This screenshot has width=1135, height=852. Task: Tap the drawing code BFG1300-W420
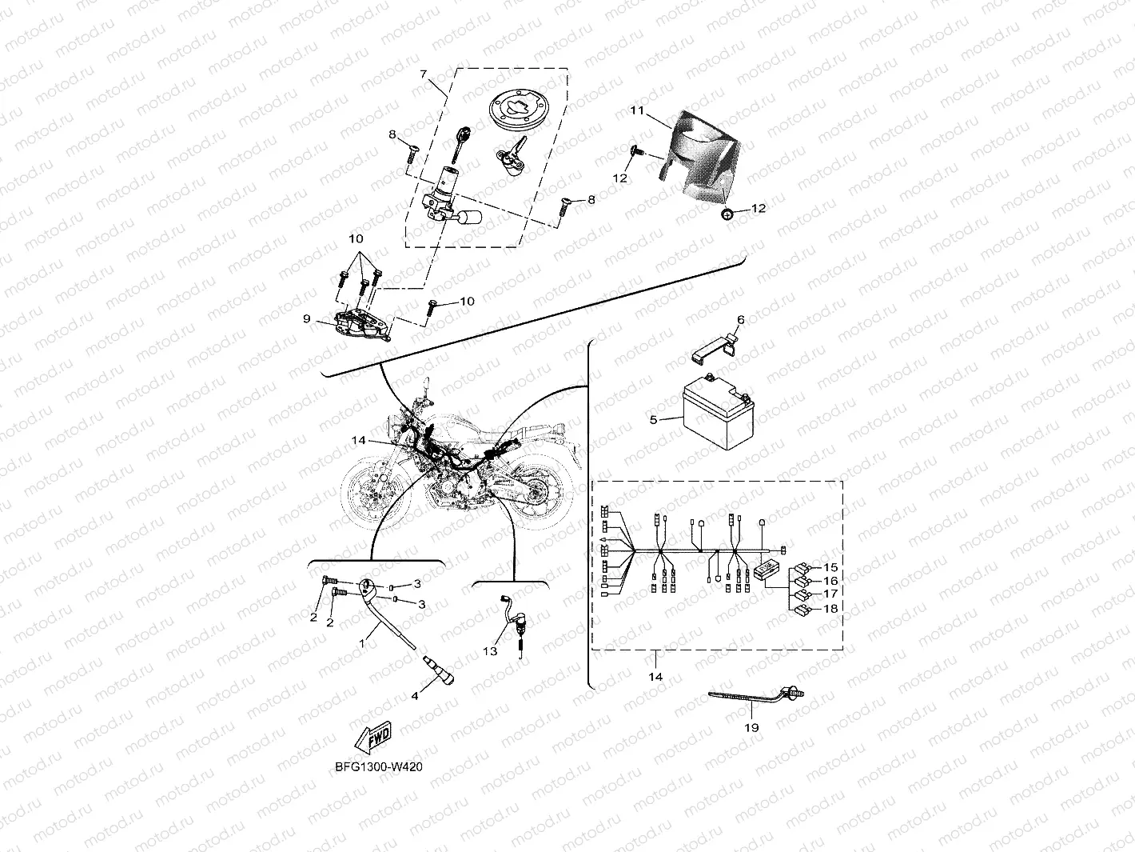[379, 766]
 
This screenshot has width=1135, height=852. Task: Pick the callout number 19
[751, 727]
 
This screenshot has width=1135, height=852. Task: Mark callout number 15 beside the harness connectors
[830, 567]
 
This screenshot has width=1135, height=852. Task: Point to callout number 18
[830, 609]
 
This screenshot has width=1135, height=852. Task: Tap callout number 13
[490, 651]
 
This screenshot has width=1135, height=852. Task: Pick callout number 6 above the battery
[740, 320]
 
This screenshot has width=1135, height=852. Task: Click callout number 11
[636, 111]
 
